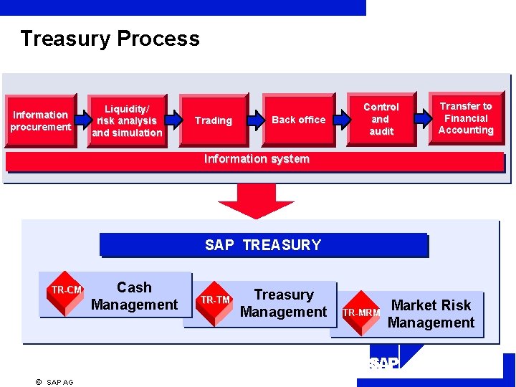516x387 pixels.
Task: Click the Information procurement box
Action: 41,120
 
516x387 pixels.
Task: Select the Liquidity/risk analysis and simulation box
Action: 127,120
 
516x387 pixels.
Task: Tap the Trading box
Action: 213,120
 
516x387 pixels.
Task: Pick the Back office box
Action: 298,120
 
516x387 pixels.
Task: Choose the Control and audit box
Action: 381,119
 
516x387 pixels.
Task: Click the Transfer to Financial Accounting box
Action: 466,118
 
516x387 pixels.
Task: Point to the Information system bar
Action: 256,160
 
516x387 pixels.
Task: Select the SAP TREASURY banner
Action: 262,245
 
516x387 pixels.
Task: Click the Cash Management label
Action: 135,296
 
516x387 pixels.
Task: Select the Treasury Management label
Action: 284,303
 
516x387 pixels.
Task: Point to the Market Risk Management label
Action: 431,314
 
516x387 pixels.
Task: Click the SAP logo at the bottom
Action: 383,364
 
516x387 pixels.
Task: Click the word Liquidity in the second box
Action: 127,108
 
